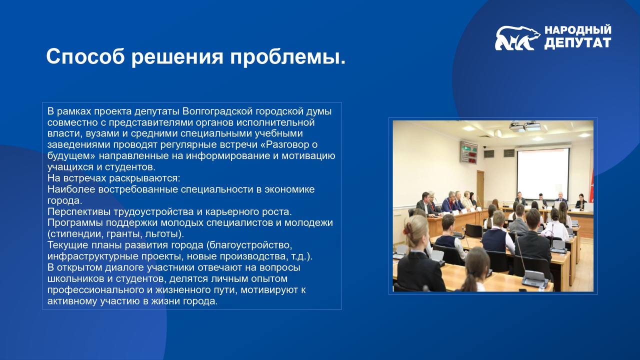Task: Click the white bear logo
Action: (517, 38)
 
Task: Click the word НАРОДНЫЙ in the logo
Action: (577, 30)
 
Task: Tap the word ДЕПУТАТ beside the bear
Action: (577, 43)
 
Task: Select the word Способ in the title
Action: (85, 56)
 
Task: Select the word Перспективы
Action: (78, 211)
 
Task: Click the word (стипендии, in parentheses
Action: (75, 234)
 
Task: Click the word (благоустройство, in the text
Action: (249, 245)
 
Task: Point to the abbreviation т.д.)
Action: (301, 256)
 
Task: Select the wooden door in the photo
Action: (480, 187)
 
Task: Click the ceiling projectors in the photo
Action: (525, 126)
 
